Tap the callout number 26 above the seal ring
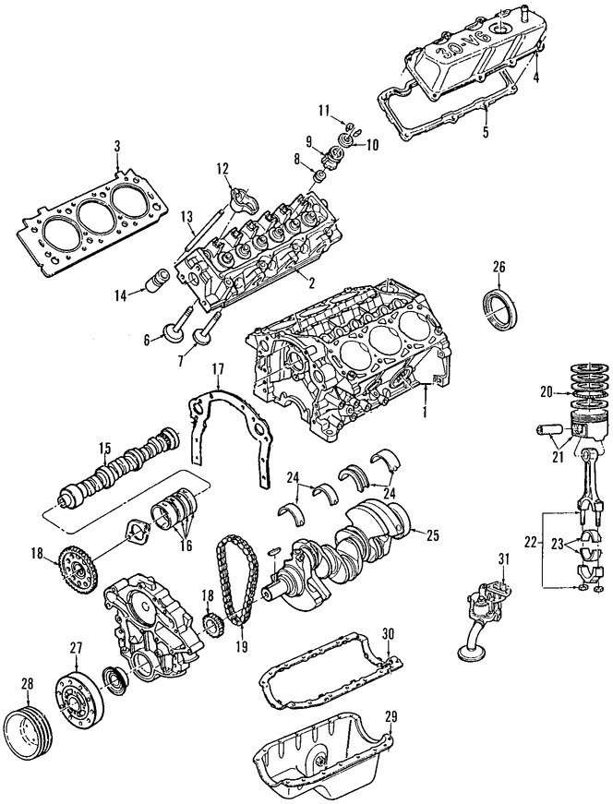pyautogui.click(x=499, y=269)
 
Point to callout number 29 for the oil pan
pyautogui.click(x=391, y=716)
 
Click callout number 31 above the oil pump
pyautogui.click(x=502, y=558)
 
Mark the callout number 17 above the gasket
pyautogui.click(x=219, y=369)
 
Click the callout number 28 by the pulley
pyautogui.click(x=26, y=683)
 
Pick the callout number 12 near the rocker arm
pyautogui.click(x=222, y=168)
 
